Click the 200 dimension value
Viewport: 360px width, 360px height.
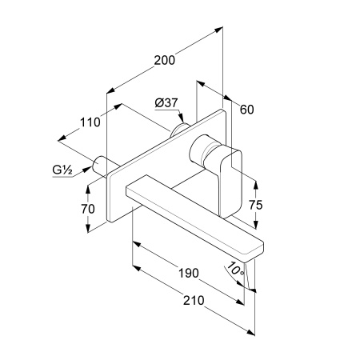pos(165,60)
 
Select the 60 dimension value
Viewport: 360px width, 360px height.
pos(246,110)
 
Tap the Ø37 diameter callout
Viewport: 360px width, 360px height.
pos(166,102)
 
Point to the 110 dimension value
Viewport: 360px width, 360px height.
pos(90,122)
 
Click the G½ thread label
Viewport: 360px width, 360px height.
pos(62,170)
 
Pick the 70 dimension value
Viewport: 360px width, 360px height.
pos(88,209)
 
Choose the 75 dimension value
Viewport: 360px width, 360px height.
pos(256,205)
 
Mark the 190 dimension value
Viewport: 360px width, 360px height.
pos(189,273)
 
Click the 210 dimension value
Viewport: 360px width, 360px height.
pos(194,301)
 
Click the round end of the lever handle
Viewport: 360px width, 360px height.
pos(197,149)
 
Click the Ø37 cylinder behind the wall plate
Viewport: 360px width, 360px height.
pos(179,130)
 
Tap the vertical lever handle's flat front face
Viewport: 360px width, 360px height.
pos(231,184)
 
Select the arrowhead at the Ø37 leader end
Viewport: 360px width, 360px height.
pos(182,118)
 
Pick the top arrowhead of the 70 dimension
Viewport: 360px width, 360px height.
pos(88,189)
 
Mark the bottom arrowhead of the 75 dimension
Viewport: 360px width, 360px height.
pos(256,225)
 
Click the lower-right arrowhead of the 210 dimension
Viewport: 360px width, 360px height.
pos(250,332)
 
